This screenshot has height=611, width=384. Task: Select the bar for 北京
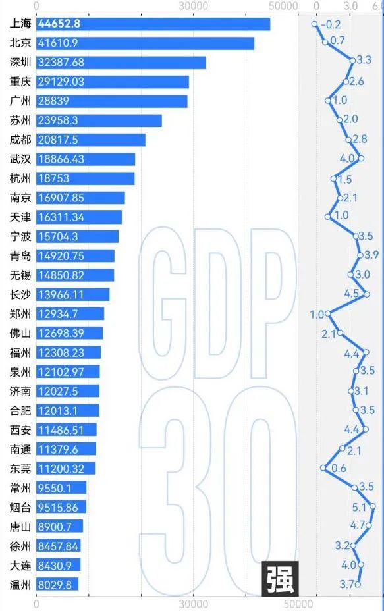(x=145, y=43)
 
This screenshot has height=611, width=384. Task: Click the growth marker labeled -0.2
(x=315, y=24)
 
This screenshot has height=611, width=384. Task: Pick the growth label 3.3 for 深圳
(x=364, y=60)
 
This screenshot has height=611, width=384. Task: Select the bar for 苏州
(x=99, y=120)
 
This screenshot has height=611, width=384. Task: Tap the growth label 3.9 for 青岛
(x=371, y=255)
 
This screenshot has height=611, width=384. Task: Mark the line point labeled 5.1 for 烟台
(x=373, y=506)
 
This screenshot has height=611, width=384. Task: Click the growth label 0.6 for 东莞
(x=339, y=468)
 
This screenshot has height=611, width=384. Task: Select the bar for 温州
(x=57, y=584)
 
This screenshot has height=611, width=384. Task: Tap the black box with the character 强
(x=281, y=579)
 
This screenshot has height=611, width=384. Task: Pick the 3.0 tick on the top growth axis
(x=350, y=6)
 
